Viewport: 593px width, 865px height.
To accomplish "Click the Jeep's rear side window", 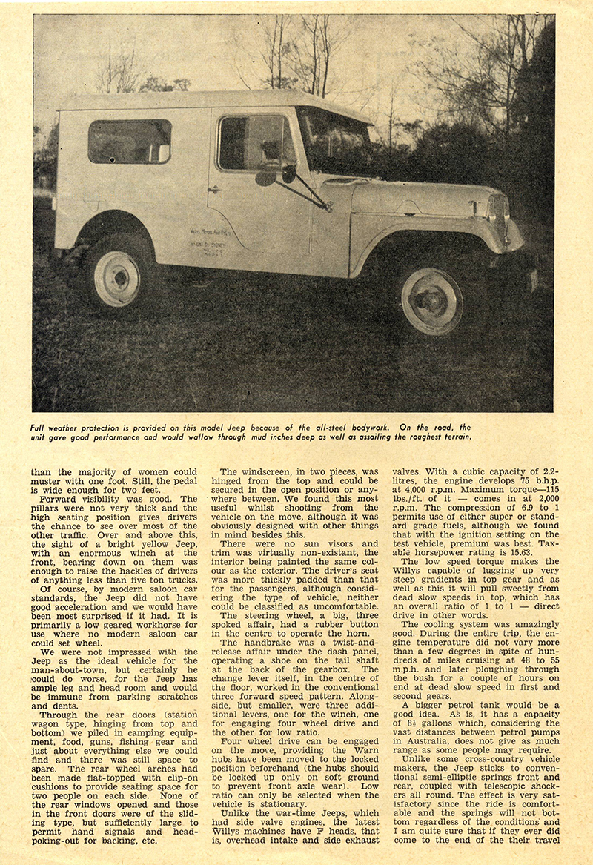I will click(129, 141).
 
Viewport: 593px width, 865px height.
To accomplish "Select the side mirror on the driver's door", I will click(288, 174).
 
